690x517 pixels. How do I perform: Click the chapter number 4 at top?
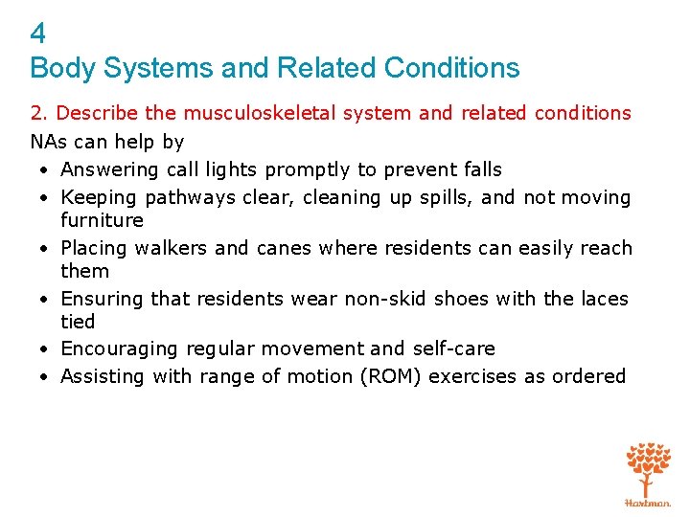37,34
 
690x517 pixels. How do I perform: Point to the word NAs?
48,142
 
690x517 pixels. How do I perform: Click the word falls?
479,169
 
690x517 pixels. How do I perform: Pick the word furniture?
102,220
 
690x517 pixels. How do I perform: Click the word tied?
78,322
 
